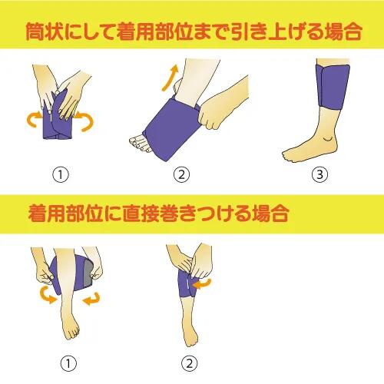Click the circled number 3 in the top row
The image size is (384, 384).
pos(320,174)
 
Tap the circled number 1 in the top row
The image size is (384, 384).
pos(61,174)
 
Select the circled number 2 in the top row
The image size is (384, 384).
pos(181,174)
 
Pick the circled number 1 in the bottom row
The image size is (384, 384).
pos(68,363)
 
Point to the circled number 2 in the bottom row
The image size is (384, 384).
pos(190,363)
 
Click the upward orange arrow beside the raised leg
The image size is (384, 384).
pos(170,78)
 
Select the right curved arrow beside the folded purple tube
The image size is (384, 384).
pos(87,121)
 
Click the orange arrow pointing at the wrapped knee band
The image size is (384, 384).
pos(201,284)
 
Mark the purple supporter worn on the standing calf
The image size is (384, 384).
pos(333,86)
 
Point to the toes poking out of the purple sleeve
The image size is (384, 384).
pos(140,144)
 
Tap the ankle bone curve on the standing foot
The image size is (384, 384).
pos(329,140)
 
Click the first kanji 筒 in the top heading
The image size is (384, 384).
pos(35,31)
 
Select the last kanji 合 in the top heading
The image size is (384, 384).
pos(353,31)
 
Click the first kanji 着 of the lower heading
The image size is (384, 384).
pos(38,214)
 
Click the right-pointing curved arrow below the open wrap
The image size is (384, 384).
pos(48,294)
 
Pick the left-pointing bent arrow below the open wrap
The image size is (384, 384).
pos(91,299)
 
